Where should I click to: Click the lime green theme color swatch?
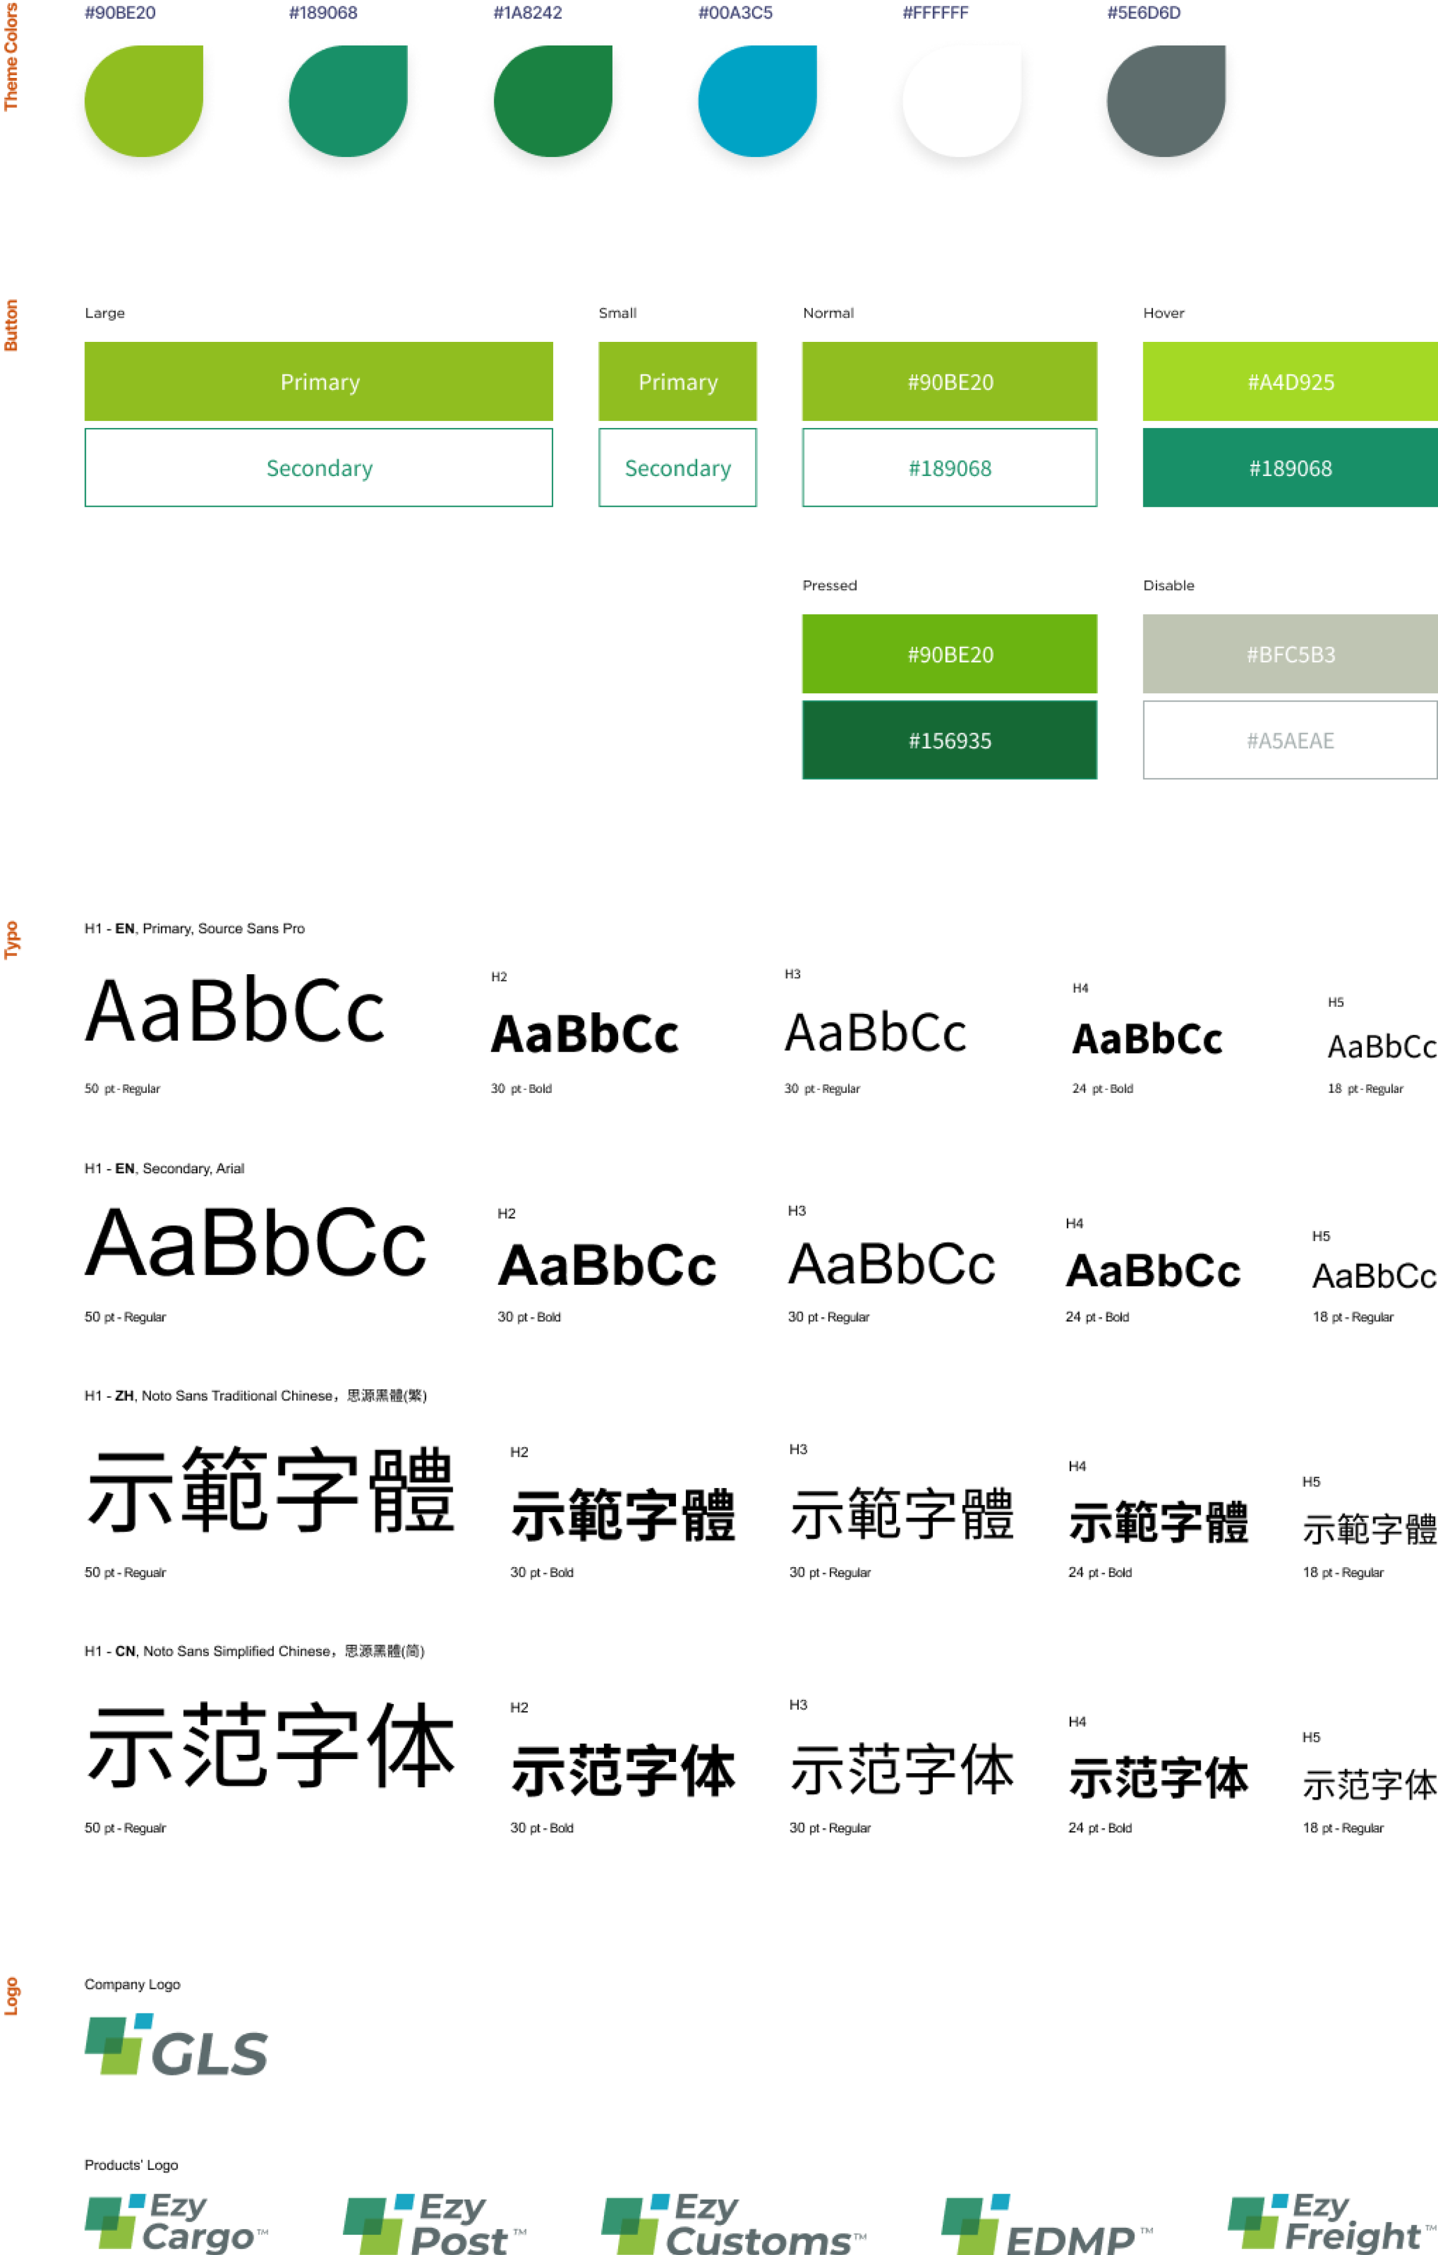(143, 100)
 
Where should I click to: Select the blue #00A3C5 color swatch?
(757, 100)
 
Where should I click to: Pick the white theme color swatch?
(962, 100)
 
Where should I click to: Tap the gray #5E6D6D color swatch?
(1165, 100)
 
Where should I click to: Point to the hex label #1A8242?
(527, 13)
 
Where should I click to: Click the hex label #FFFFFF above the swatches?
(935, 13)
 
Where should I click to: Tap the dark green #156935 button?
(949, 740)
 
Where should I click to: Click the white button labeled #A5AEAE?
(1290, 740)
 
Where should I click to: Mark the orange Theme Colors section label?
(11, 56)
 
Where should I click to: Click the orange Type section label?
(11, 939)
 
